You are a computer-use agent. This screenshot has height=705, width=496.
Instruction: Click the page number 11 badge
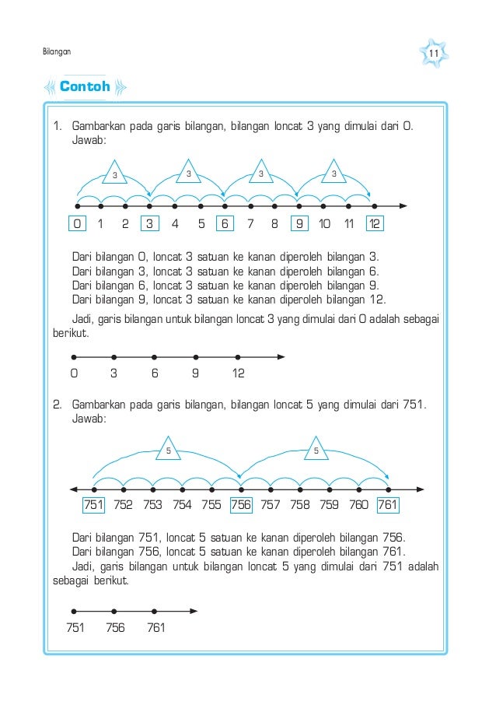click(x=434, y=52)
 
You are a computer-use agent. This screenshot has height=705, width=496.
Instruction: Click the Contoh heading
click(x=85, y=87)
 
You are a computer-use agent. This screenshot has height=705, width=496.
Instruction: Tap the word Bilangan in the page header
click(x=56, y=52)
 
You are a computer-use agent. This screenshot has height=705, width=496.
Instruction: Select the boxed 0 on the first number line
click(x=76, y=225)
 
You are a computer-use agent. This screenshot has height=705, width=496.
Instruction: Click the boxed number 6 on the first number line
click(x=224, y=225)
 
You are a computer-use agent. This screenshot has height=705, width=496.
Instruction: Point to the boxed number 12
click(x=375, y=225)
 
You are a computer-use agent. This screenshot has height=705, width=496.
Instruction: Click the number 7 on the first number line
click(x=250, y=225)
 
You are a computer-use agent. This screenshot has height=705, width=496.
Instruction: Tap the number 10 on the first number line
click(x=325, y=225)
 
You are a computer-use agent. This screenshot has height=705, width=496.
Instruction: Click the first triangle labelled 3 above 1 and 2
click(x=114, y=174)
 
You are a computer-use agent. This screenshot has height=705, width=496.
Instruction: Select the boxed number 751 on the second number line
click(x=94, y=505)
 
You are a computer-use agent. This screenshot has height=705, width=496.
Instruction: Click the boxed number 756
click(x=241, y=505)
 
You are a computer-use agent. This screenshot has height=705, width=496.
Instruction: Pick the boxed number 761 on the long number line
click(x=387, y=505)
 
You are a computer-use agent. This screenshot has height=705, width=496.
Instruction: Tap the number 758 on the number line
click(x=299, y=505)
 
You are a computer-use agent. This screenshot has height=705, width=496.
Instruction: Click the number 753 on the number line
click(x=152, y=505)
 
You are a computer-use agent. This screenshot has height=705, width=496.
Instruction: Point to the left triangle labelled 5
click(x=168, y=450)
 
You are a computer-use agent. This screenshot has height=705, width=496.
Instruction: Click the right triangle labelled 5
click(x=316, y=450)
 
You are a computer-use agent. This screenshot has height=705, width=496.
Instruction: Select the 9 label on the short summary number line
click(x=195, y=374)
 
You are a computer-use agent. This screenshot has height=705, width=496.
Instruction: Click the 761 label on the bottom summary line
click(x=155, y=627)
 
